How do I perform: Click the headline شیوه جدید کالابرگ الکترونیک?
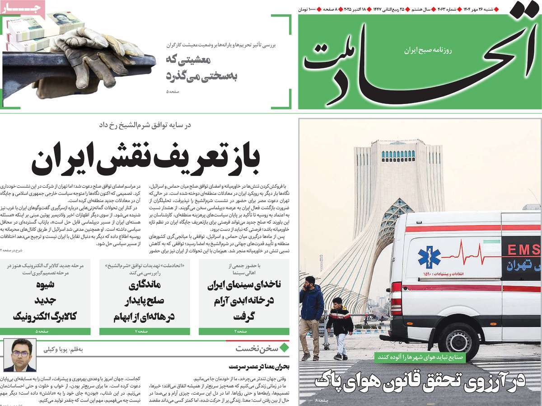(45, 301)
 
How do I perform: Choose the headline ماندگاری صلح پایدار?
(144, 301)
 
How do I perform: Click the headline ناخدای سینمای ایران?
(244, 301)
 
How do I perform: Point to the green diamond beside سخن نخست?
(284, 349)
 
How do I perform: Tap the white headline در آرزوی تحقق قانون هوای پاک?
(420, 381)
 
